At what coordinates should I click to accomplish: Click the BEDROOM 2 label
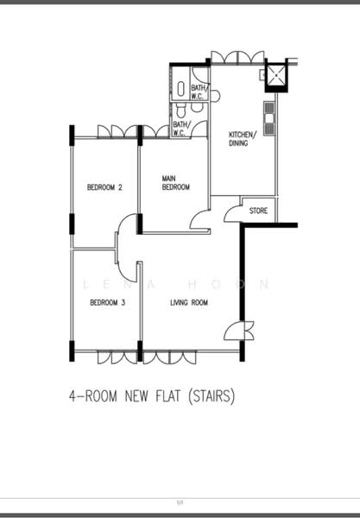click(x=104, y=187)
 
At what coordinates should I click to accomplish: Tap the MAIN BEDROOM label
click(x=176, y=183)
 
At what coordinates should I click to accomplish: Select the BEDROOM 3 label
click(x=108, y=303)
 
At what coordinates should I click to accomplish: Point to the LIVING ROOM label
click(x=189, y=303)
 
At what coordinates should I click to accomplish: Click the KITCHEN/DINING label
click(x=243, y=139)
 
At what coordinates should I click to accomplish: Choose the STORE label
click(x=258, y=211)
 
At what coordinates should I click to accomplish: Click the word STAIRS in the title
click(x=212, y=395)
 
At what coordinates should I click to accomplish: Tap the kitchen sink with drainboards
click(x=269, y=118)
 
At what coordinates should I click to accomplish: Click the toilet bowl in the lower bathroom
click(x=180, y=111)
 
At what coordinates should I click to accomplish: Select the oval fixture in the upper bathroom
click(x=181, y=89)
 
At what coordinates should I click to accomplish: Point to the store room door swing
click(x=232, y=214)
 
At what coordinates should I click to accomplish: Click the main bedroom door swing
click(x=199, y=219)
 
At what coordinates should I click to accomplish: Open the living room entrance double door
click(x=239, y=331)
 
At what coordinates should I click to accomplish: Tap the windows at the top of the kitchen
click(x=237, y=58)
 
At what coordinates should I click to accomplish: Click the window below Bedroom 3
click(x=117, y=357)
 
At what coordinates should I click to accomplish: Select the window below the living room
click(x=169, y=357)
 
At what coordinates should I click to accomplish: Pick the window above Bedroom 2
click(x=117, y=131)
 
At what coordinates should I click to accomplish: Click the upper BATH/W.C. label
click(x=199, y=92)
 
